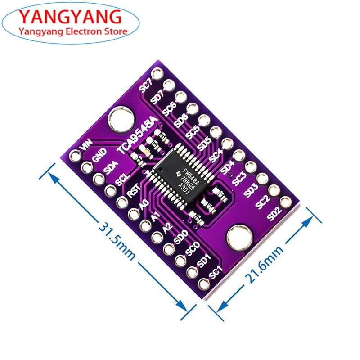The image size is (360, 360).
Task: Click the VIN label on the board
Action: pyautogui.click(x=85, y=146)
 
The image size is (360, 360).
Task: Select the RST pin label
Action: pyautogui.click(x=132, y=192)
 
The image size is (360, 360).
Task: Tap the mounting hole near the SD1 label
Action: pyautogui.click(x=237, y=237)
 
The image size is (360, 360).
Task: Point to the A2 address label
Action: pyautogui.click(x=167, y=228)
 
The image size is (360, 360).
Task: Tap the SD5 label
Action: pyautogui.click(x=205, y=144)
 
